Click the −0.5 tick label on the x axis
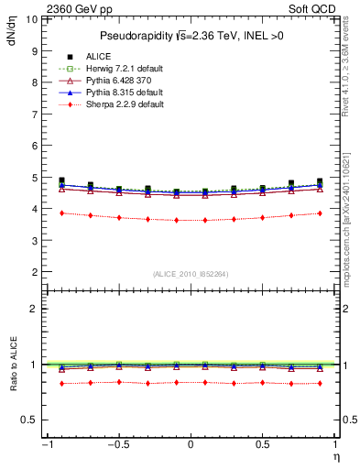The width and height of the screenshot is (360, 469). click(x=117, y=443)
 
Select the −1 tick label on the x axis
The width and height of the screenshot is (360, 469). click(x=45, y=443)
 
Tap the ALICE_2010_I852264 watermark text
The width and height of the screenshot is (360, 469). click(x=190, y=272)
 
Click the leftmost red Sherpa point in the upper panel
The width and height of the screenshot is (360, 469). click(x=61, y=213)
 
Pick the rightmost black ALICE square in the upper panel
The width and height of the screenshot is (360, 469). click(x=320, y=181)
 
